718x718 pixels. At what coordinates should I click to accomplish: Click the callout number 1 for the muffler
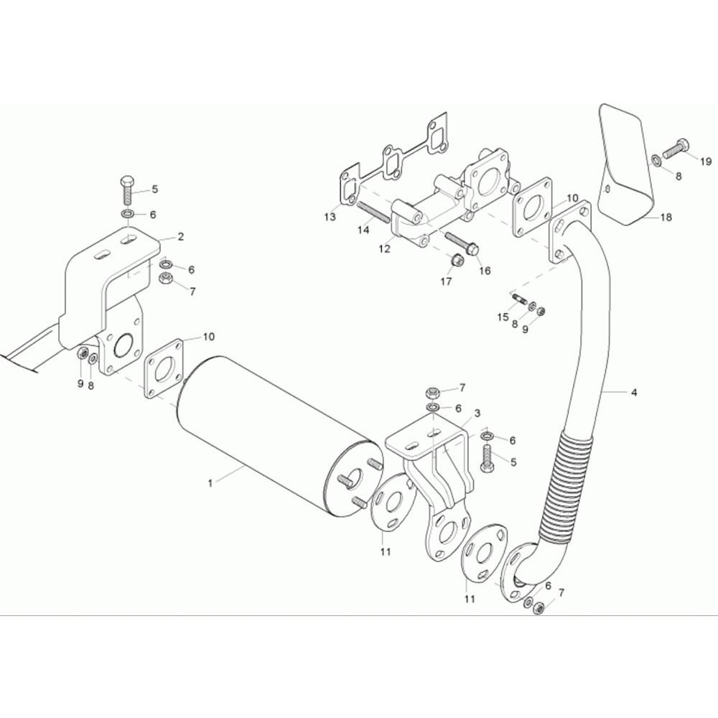point(210,483)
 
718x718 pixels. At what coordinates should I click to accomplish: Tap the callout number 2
point(180,236)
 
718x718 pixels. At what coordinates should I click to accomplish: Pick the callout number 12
point(385,249)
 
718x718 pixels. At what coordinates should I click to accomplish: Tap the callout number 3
point(477,414)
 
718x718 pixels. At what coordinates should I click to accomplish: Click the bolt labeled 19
point(676,149)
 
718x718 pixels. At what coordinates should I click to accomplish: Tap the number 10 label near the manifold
point(572,197)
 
